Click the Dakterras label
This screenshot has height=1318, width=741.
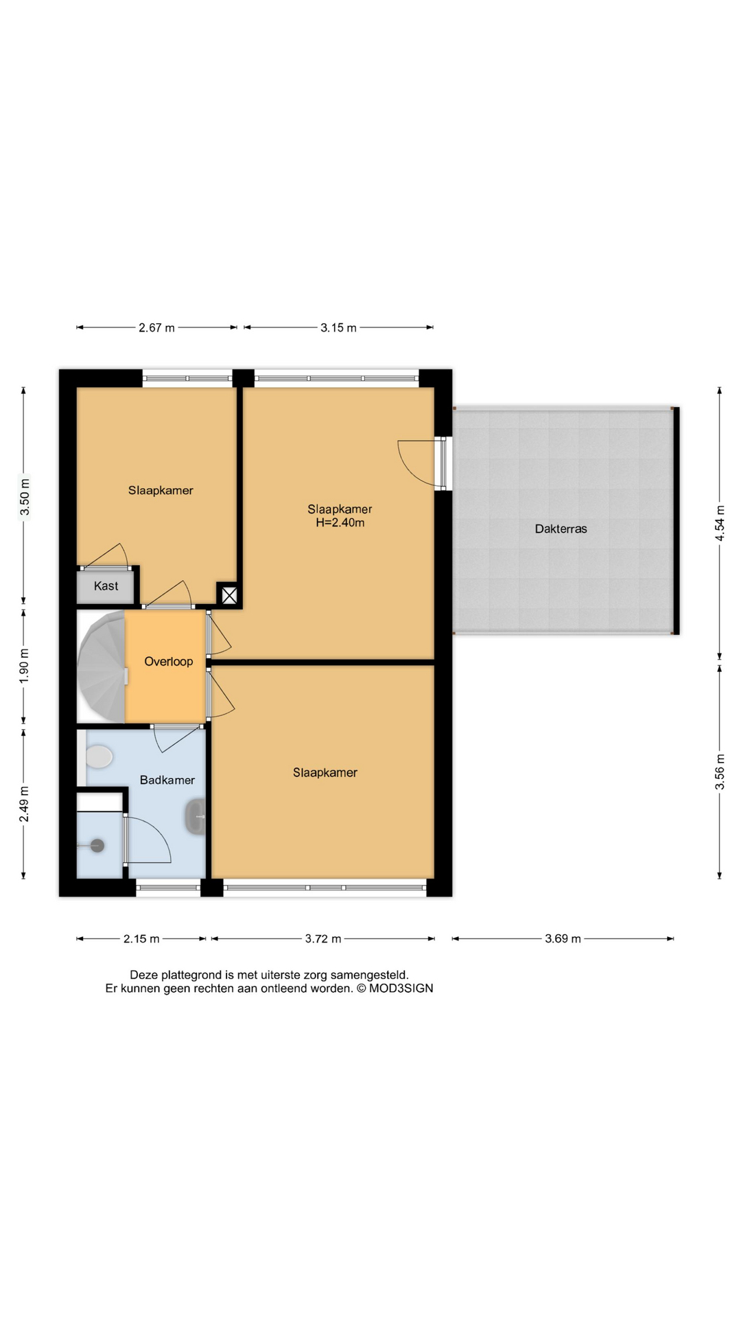click(x=561, y=529)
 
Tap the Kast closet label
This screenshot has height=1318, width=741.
click(x=106, y=586)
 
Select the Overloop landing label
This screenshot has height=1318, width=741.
click(x=168, y=661)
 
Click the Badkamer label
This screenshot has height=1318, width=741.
click(x=167, y=780)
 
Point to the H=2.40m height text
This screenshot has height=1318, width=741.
click(x=340, y=522)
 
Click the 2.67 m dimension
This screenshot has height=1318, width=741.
click(x=156, y=327)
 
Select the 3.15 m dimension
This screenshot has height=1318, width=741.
click(x=338, y=327)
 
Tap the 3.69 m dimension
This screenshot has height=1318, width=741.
click(x=563, y=938)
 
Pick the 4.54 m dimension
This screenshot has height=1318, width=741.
click(x=720, y=523)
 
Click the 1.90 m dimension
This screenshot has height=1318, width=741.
click(x=24, y=665)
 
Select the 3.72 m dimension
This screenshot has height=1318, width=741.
click(x=322, y=938)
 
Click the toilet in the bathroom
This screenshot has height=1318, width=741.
click(x=98, y=757)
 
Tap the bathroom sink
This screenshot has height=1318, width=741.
click(x=196, y=817)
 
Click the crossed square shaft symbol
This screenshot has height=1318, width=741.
click(x=229, y=595)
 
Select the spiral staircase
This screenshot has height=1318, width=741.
click(x=102, y=666)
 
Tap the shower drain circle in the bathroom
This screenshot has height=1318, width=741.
click(x=97, y=846)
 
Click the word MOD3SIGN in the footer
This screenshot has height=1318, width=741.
click(x=401, y=988)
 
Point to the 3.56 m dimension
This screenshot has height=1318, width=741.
click(x=720, y=772)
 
